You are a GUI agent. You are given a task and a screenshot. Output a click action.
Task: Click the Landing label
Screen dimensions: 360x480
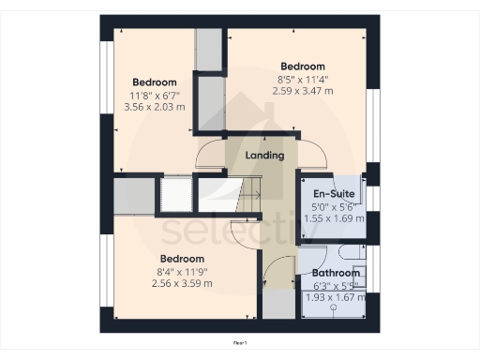pyautogui.click(x=263, y=155)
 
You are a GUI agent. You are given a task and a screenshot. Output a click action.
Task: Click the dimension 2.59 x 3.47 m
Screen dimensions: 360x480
pyautogui.click(x=302, y=92)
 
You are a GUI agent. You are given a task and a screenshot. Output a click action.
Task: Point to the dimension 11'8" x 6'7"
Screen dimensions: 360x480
pyautogui.click(x=155, y=95)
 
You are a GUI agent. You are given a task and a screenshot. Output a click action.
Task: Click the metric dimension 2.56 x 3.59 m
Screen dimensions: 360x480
pyautogui.click(x=181, y=283)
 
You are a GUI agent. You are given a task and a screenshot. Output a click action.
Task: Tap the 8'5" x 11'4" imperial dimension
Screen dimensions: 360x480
pyautogui.click(x=302, y=80)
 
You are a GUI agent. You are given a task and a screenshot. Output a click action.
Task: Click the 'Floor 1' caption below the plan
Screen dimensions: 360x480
pyautogui.click(x=240, y=344)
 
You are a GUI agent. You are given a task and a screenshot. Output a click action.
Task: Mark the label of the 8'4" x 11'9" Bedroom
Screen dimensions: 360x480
pyautogui.click(x=181, y=259)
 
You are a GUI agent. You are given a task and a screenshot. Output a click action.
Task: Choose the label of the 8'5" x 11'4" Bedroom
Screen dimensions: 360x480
pyautogui.click(x=302, y=67)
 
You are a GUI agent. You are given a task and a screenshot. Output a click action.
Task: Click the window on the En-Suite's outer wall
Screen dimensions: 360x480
pyautogui.click(x=373, y=198)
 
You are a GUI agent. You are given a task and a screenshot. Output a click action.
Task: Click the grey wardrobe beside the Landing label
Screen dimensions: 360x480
pyautogui.click(x=209, y=103)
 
